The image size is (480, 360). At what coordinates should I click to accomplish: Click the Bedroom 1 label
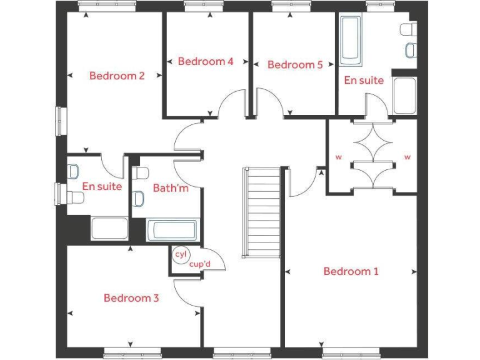351,271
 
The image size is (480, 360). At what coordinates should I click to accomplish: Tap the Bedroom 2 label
117,76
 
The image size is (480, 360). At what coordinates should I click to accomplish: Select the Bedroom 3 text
131,298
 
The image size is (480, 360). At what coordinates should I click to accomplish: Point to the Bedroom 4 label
206,61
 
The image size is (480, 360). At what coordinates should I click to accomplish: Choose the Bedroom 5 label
295,64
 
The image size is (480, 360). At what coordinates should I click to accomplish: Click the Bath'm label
170,187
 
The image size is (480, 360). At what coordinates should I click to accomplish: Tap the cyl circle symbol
181,254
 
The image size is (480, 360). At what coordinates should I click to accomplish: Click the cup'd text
199,264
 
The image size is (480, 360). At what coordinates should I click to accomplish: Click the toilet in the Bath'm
140,173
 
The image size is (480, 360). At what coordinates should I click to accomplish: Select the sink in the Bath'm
139,199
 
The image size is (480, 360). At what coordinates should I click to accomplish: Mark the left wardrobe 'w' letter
338,157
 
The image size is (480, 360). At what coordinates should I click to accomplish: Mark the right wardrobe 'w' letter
407,157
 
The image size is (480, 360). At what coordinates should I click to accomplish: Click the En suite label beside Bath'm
102,186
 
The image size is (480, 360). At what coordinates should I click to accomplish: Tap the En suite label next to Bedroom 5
364,80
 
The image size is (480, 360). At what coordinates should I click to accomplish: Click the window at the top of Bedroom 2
107,5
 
